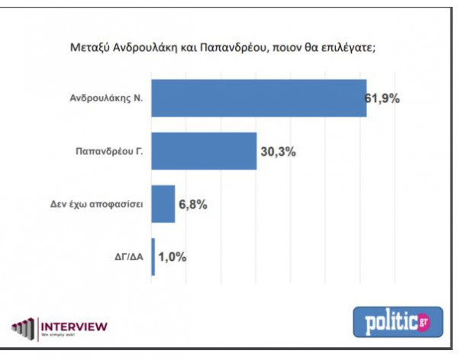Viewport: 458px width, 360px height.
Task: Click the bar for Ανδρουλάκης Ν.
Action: click(260, 98)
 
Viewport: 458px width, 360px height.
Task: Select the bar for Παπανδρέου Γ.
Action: click(205, 151)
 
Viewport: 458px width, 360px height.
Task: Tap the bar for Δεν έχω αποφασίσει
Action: click(163, 204)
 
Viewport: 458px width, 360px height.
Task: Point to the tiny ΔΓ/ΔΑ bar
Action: click(153, 256)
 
